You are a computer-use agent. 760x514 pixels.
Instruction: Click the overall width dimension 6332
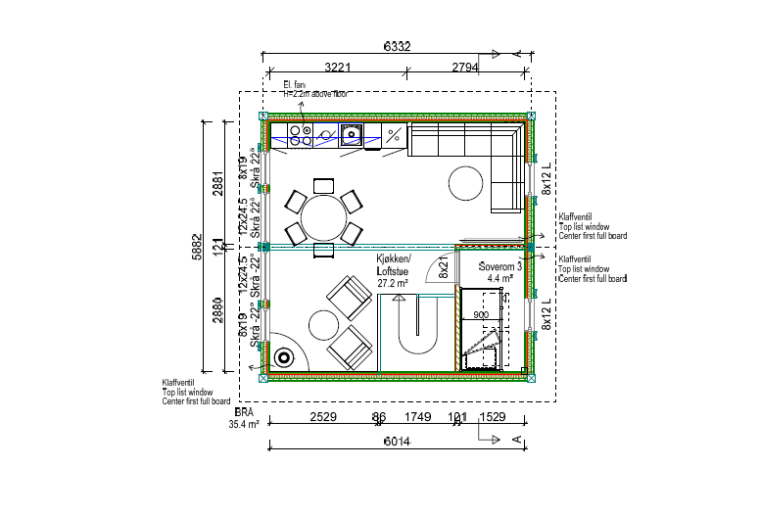click(x=397, y=46)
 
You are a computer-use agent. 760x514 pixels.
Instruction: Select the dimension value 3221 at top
click(x=331, y=67)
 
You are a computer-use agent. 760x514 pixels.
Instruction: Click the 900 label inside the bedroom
click(x=481, y=315)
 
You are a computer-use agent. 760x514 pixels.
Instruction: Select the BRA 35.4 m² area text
click(x=243, y=419)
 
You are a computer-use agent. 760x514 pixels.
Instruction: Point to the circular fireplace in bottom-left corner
click(x=285, y=357)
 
